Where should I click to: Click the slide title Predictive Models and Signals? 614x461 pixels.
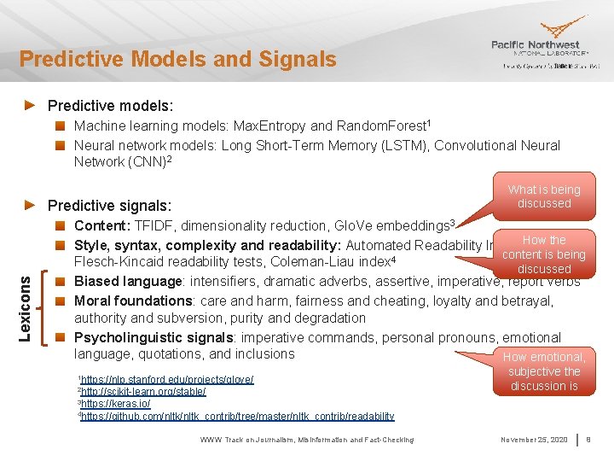coord(178,59)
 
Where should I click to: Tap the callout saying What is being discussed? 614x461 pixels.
coord(544,196)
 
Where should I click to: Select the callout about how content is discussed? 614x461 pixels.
coord(544,254)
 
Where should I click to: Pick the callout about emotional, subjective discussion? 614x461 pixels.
coord(544,371)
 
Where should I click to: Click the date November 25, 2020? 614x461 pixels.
coord(535,440)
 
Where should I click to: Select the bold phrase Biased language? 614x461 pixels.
coord(129,282)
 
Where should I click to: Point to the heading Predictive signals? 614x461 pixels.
coord(109,206)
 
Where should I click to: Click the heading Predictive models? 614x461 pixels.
coord(110,106)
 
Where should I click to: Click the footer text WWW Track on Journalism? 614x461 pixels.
coord(307,440)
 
